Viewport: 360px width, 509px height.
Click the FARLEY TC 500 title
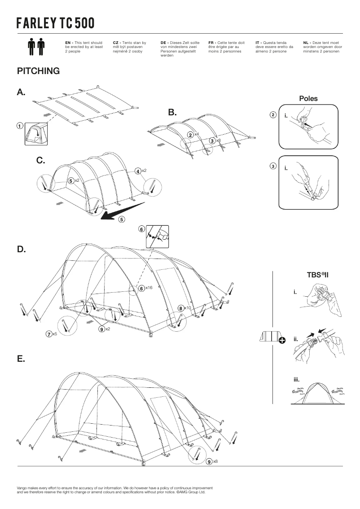pyautogui.click(x=56, y=23)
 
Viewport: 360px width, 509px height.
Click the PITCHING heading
pyautogui.click(x=38, y=71)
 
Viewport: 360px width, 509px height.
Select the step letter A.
pyautogui.click(x=21, y=92)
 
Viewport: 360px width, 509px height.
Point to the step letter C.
pyautogui.click(x=41, y=160)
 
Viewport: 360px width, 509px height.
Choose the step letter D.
pyautogui.click(x=21, y=249)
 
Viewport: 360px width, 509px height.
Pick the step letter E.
pyautogui.click(x=21, y=359)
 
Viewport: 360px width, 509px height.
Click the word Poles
pyautogui.click(x=308, y=99)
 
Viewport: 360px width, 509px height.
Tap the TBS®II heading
pyautogui.click(x=318, y=275)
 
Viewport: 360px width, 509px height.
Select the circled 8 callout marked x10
pyautogui.click(x=180, y=308)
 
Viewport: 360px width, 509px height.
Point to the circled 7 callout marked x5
pyautogui.click(x=48, y=333)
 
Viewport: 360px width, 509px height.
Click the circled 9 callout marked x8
pyautogui.click(x=209, y=462)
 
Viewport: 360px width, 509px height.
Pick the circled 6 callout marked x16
pyautogui.click(x=141, y=289)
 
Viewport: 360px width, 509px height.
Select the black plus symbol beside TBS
pyautogui.click(x=282, y=340)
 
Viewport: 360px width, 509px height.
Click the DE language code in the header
pyautogui.click(x=163, y=42)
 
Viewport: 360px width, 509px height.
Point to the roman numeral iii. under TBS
pyautogui.click(x=297, y=379)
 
